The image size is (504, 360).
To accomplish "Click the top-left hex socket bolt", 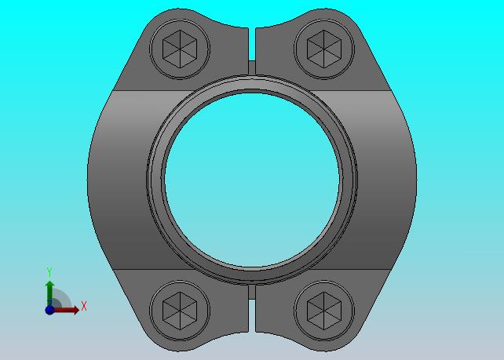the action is [x=180, y=49].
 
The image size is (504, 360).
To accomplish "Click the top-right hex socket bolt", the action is [x=324, y=49].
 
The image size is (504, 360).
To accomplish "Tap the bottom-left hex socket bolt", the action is [x=180, y=311].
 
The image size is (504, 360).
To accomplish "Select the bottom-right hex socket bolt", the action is [x=324, y=311].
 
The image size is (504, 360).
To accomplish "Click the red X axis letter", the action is [x=84, y=306].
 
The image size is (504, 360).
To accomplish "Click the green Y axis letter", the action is [x=49, y=271].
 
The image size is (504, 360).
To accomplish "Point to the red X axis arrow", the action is [x=66, y=310].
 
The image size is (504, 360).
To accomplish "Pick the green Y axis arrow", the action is [x=49, y=293].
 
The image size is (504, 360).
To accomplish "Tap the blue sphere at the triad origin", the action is [x=49, y=310].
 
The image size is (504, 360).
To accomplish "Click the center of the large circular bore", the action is [x=252, y=180].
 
